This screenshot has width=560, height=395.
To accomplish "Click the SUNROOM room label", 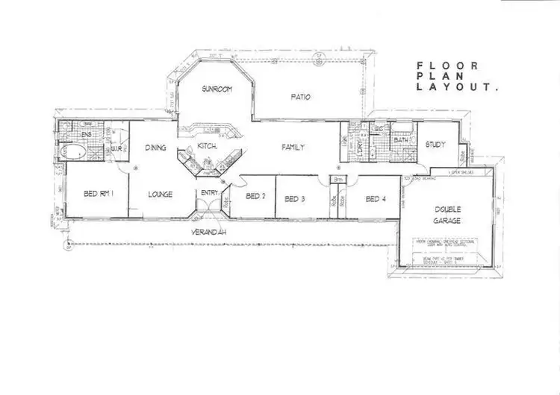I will pyautogui.click(x=217, y=89).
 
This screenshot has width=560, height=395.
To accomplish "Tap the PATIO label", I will pyautogui.click(x=301, y=97).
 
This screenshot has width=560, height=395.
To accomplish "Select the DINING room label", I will pyautogui.click(x=155, y=147).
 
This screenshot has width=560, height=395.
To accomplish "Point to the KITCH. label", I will pyautogui.click(x=207, y=147).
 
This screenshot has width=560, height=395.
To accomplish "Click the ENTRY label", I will pyautogui.click(x=208, y=194).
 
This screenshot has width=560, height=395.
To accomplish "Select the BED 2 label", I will pyautogui.click(x=255, y=197).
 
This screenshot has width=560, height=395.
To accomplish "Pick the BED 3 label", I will pyautogui.click(x=296, y=199).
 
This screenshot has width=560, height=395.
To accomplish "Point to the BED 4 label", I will pyautogui.click(x=374, y=199).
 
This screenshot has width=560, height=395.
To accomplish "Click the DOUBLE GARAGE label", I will pyautogui.click(x=447, y=215).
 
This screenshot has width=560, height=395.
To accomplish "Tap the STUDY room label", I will pyautogui.click(x=436, y=145).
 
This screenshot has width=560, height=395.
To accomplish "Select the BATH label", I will pyautogui.click(x=400, y=139).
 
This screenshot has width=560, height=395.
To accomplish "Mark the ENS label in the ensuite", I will pyautogui.click(x=65, y=135).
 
